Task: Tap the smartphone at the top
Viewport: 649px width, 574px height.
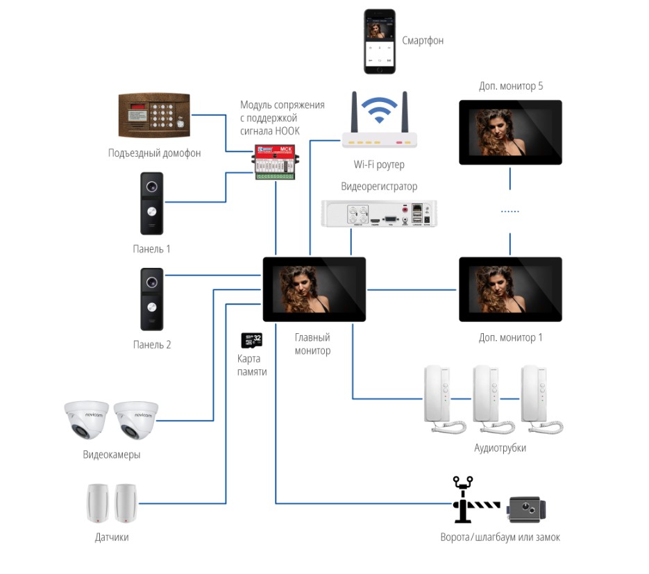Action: point(380,42)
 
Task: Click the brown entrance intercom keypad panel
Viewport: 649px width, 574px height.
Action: point(154,115)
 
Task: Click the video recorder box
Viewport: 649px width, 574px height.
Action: point(379,213)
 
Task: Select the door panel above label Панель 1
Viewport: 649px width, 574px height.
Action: point(152,203)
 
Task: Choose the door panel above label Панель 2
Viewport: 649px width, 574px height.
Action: point(152,298)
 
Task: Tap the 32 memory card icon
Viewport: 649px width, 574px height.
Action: point(251,340)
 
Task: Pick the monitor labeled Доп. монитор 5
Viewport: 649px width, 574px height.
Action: point(510,132)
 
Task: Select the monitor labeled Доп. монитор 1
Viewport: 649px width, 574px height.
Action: point(510,289)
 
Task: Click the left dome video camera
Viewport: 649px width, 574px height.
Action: point(86,419)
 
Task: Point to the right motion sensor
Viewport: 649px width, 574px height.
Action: point(126,503)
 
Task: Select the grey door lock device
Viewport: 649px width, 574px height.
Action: point(527,510)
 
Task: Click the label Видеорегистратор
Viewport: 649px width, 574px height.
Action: point(379,187)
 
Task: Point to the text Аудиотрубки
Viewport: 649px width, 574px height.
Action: point(500,448)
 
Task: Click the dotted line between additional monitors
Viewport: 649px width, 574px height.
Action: point(510,211)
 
